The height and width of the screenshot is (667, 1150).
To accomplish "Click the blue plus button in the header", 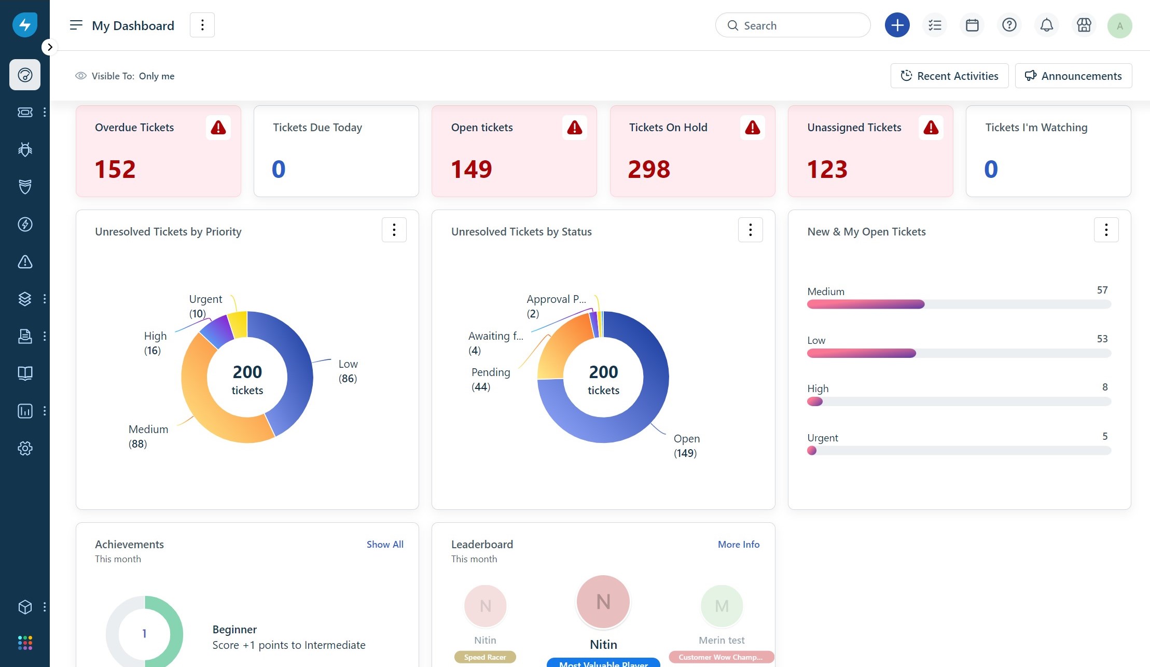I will pos(897,25).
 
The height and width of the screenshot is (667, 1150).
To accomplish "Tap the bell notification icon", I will pos(1046,25).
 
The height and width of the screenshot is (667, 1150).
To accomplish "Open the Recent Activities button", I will pos(949,76).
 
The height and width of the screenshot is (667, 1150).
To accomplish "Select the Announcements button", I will pos(1073,76).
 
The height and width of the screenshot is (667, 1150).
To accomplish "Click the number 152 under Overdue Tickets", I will pos(115,170).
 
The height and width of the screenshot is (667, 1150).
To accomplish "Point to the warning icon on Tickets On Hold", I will pos(752,128).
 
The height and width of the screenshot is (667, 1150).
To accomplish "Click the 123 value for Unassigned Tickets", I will pos(827,170).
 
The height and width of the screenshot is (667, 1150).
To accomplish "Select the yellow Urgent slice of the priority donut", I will pos(238,324).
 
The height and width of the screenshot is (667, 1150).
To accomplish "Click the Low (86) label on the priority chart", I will pos(348,371).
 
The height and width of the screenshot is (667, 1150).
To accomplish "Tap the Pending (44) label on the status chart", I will pos(490,379).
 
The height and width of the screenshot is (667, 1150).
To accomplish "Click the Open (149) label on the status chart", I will pos(686,446).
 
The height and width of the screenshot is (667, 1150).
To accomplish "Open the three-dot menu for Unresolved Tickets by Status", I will pos(750,230).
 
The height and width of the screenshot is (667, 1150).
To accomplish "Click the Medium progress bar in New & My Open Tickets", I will pos(959,304).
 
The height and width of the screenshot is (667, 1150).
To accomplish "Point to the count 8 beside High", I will pos(1105,387).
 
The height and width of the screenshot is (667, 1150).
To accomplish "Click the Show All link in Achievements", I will pos(384,544).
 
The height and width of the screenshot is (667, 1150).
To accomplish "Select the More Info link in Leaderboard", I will pos(738,544).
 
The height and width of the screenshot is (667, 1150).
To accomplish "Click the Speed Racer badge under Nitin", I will pos(485,657).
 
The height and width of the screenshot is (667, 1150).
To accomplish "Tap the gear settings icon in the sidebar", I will pos(25,448).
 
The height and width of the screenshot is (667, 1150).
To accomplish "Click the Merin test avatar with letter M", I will pos(722,606).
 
